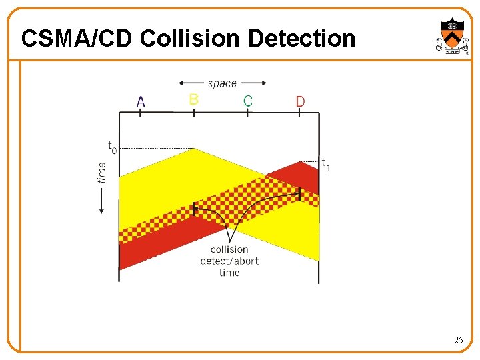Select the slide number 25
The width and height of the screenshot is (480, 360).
458,341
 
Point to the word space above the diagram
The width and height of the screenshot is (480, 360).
222,83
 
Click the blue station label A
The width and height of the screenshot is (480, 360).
141,101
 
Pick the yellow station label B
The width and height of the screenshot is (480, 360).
193,99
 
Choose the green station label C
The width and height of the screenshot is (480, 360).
247,101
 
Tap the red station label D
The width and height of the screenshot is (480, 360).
300,101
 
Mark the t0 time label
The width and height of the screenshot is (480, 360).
111,146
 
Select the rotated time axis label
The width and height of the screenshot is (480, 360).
101,172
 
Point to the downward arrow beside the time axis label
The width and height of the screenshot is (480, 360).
102,200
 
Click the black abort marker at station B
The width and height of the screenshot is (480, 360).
194,209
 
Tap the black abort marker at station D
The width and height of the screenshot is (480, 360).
299,193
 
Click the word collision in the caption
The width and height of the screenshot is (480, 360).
229,249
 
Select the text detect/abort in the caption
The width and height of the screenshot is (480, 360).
229,261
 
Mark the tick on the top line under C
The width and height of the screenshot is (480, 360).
247,113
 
